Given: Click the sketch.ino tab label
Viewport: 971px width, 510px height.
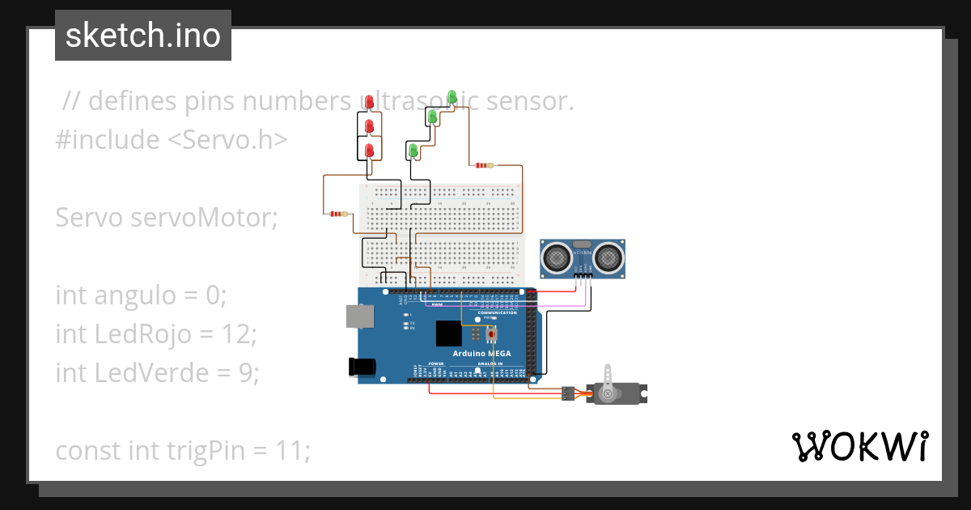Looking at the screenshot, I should (142, 36).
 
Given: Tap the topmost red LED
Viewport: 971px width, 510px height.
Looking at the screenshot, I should (369, 102).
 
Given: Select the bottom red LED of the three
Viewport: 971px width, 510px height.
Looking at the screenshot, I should (369, 151).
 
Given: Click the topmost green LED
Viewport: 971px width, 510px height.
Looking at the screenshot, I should (452, 98).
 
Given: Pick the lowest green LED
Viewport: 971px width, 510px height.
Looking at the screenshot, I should (413, 151).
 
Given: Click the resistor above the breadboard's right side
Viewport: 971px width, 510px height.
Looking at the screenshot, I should (483, 165).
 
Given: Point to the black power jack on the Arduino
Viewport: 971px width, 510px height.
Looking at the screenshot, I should (362, 367).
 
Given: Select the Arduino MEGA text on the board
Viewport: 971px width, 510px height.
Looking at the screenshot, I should (470, 354).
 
